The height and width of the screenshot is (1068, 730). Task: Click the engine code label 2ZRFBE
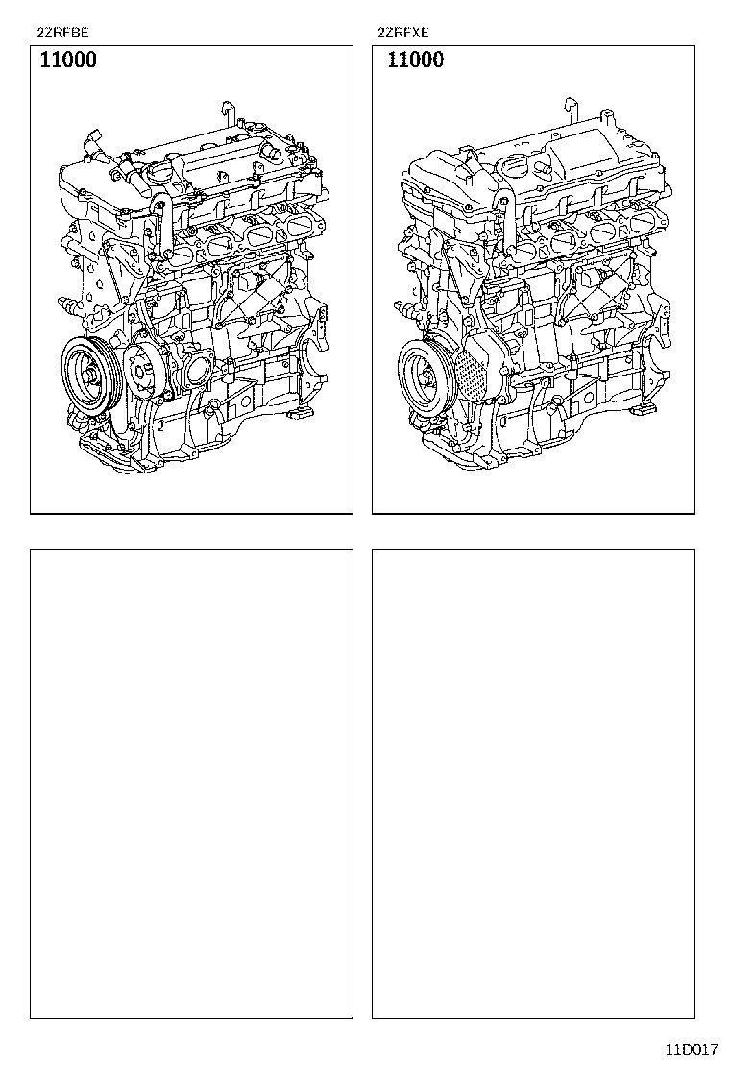(x=62, y=32)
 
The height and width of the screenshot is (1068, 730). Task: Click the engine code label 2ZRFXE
(x=403, y=32)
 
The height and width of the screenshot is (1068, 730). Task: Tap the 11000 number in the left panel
(x=68, y=60)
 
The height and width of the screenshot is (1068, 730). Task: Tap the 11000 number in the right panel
(x=415, y=60)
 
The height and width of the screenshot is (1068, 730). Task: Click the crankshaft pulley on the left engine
(x=91, y=371)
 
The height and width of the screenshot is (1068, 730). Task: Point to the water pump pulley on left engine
(x=145, y=372)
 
